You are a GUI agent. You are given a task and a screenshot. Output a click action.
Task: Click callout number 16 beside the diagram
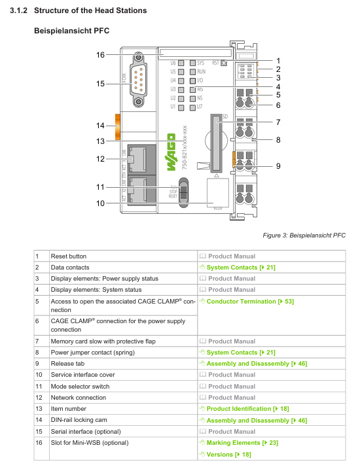pos(100,55)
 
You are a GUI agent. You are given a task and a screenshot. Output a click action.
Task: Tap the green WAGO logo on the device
pos(171,152)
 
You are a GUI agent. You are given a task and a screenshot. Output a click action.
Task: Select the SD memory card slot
pos(216,143)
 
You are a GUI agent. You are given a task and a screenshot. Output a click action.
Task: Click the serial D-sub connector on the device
pos(138,80)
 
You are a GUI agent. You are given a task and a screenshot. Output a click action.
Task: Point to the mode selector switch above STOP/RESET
pos(183,192)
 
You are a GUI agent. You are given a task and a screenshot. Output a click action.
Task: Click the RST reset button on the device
pos(224,63)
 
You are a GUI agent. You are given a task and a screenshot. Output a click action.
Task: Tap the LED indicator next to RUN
pos(193,72)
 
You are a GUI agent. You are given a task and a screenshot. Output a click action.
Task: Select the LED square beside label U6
pos(181,63)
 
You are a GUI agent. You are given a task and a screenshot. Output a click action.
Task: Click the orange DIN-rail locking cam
pos(118,127)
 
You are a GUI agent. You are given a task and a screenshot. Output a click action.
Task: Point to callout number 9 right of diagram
pos(278,166)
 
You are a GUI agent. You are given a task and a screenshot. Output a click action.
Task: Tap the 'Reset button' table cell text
pos(69,256)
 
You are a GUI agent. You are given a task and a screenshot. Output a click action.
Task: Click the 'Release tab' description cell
pos(67,364)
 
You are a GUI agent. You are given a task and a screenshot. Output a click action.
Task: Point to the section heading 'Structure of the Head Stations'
pos(90,10)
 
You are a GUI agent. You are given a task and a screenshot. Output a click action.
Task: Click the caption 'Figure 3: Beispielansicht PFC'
pos(304,235)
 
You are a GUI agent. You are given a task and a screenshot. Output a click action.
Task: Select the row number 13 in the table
pos(39,409)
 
